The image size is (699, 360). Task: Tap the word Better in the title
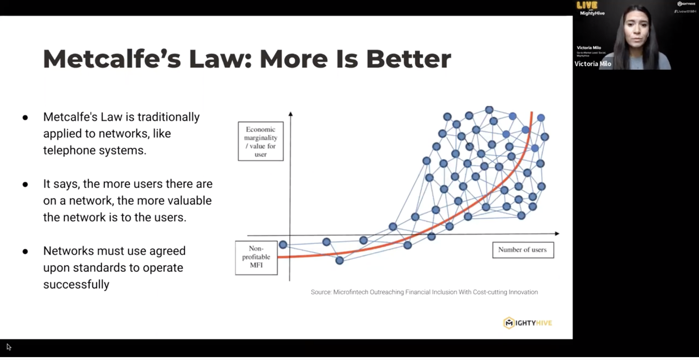[408, 59]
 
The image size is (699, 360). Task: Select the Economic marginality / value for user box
[260, 141]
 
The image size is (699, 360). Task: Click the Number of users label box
[523, 250]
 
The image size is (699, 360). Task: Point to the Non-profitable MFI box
[256, 257]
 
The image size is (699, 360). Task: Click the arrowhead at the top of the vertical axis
[291, 114]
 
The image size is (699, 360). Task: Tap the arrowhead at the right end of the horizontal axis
[557, 233]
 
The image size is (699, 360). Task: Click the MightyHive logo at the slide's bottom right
[527, 323]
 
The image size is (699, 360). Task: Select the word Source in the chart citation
[320, 292]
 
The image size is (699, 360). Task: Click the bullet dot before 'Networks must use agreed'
[25, 251]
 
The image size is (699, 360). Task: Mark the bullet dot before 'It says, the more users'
[25, 184]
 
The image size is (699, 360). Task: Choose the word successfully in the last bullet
[76, 284]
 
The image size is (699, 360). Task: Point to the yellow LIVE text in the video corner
[587, 5]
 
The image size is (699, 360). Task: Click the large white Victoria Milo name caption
[592, 64]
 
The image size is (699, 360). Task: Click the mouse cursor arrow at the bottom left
[9, 347]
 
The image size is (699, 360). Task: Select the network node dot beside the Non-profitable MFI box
[283, 245]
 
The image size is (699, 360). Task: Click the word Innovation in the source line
[523, 292]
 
